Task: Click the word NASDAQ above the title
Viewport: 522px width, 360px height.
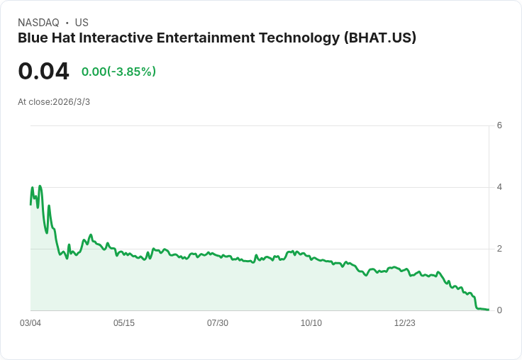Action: tap(38, 23)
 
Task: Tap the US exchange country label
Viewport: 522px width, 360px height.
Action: tap(82, 23)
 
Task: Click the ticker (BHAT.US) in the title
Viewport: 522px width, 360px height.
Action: tap(379, 38)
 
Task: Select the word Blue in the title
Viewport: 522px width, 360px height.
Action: tap(33, 38)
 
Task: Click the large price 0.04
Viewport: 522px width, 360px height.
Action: tap(43, 72)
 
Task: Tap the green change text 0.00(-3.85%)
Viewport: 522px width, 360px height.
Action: tap(118, 72)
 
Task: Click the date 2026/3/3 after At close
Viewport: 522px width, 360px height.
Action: tap(71, 102)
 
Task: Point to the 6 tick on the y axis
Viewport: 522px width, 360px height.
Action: tap(499, 125)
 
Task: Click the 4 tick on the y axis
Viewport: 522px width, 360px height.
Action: tap(499, 187)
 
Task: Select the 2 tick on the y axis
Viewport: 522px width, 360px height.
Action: tap(499, 249)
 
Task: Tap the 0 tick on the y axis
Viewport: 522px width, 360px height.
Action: tap(499, 310)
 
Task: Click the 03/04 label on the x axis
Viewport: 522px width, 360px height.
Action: tap(30, 323)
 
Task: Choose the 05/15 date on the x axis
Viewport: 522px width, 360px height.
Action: tap(124, 323)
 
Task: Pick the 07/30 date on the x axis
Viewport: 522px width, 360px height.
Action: tap(218, 323)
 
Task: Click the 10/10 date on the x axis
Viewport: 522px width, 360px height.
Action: tap(311, 323)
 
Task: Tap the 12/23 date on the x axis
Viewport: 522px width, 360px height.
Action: tap(405, 323)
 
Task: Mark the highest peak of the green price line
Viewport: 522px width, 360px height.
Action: tap(40, 186)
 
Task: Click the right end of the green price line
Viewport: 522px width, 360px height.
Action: tap(488, 310)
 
